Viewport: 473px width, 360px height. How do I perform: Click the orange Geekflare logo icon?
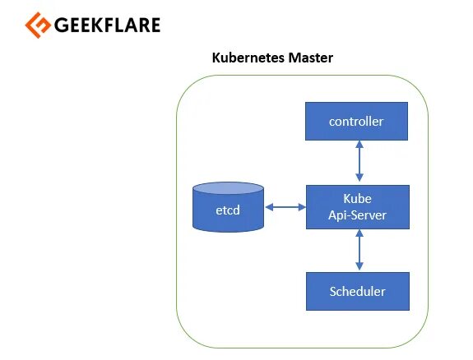[38, 25]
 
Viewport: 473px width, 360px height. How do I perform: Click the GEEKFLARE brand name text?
[107, 25]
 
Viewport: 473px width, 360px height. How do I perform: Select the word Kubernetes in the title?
[248, 58]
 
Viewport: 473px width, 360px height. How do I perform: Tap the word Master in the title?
[311, 58]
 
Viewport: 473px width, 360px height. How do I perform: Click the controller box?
[356, 121]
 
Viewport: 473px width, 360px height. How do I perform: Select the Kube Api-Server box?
[358, 207]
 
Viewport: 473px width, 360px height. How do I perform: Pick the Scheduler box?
[358, 291]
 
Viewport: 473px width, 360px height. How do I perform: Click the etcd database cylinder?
[229, 207]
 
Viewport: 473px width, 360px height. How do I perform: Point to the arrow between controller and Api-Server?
[359, 161]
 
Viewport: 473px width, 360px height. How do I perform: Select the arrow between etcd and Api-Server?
[285, 207]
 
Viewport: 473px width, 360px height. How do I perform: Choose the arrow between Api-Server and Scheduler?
[359, 250]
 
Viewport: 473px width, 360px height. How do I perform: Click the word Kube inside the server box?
[358, 199]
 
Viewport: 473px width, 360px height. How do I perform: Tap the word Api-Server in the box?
[358, 215]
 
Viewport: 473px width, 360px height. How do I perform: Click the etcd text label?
[228, 210]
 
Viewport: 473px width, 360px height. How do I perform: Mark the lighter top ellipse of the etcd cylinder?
[229, 188]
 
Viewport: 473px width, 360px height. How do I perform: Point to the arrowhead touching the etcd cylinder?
[269, 207]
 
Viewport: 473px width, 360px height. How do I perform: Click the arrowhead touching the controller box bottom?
[359, 144]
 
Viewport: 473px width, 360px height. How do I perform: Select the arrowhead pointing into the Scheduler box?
[359, 266]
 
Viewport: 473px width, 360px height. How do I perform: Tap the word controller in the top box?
[356, 122]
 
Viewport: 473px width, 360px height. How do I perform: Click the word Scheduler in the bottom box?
[358, 292]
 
